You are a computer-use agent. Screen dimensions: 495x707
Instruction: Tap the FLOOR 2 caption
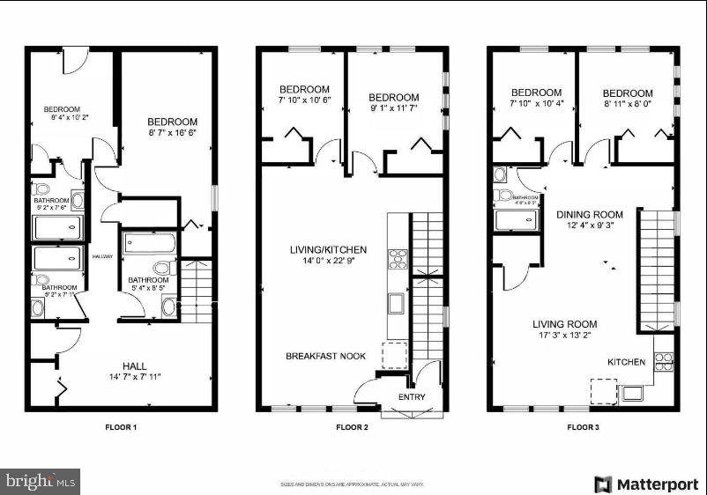click(351, 427)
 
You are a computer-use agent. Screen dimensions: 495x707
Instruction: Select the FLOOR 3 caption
click(582, 427)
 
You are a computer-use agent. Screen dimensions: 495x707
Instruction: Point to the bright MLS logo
click(41, 481)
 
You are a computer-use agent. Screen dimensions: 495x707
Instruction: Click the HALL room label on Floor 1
click(135, 366)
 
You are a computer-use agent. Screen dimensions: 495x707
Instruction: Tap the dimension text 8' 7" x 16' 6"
click(172, 133)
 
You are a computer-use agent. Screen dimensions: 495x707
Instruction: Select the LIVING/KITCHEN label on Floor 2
click(328, 250)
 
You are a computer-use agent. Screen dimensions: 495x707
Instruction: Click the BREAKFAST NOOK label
click(325, 356)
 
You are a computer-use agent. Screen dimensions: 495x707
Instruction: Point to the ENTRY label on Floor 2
click(412, 397)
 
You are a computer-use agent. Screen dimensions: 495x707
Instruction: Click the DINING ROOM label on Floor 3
click(589, 214)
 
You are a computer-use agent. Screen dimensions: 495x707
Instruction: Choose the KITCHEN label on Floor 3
click(626, 362)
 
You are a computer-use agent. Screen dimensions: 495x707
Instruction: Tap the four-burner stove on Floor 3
click(663, 359)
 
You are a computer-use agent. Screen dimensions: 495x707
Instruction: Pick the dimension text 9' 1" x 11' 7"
click(393, 108)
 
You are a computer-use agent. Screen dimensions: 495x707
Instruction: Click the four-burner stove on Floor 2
click(398, 259)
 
